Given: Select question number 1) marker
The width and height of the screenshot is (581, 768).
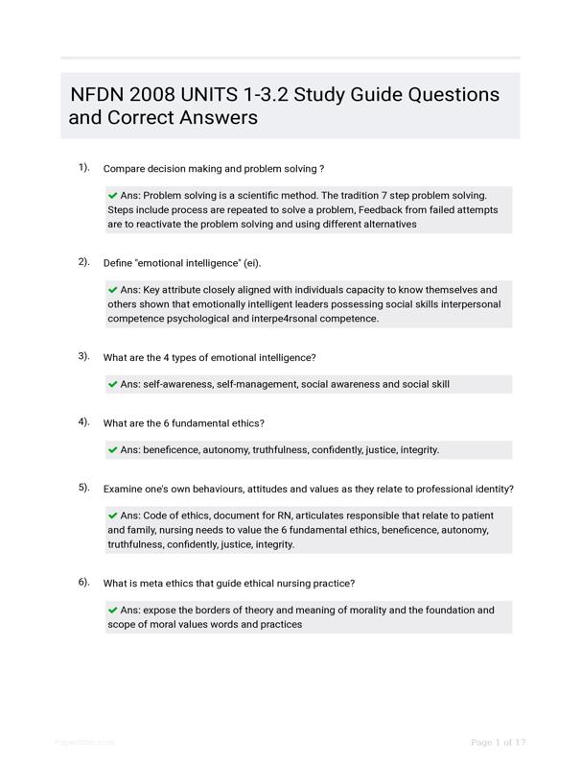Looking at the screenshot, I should point(84,167).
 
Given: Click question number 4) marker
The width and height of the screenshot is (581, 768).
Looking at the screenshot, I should point(84,421).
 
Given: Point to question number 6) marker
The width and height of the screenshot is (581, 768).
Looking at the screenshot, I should point(84,582).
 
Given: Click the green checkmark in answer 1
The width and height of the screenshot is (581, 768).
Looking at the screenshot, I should point(113,195).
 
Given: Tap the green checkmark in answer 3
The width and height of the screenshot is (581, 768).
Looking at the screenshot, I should point(113,384).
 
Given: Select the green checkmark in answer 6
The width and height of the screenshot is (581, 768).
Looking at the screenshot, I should point(113,610).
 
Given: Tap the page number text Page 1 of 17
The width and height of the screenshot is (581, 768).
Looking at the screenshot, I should point(499,742).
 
